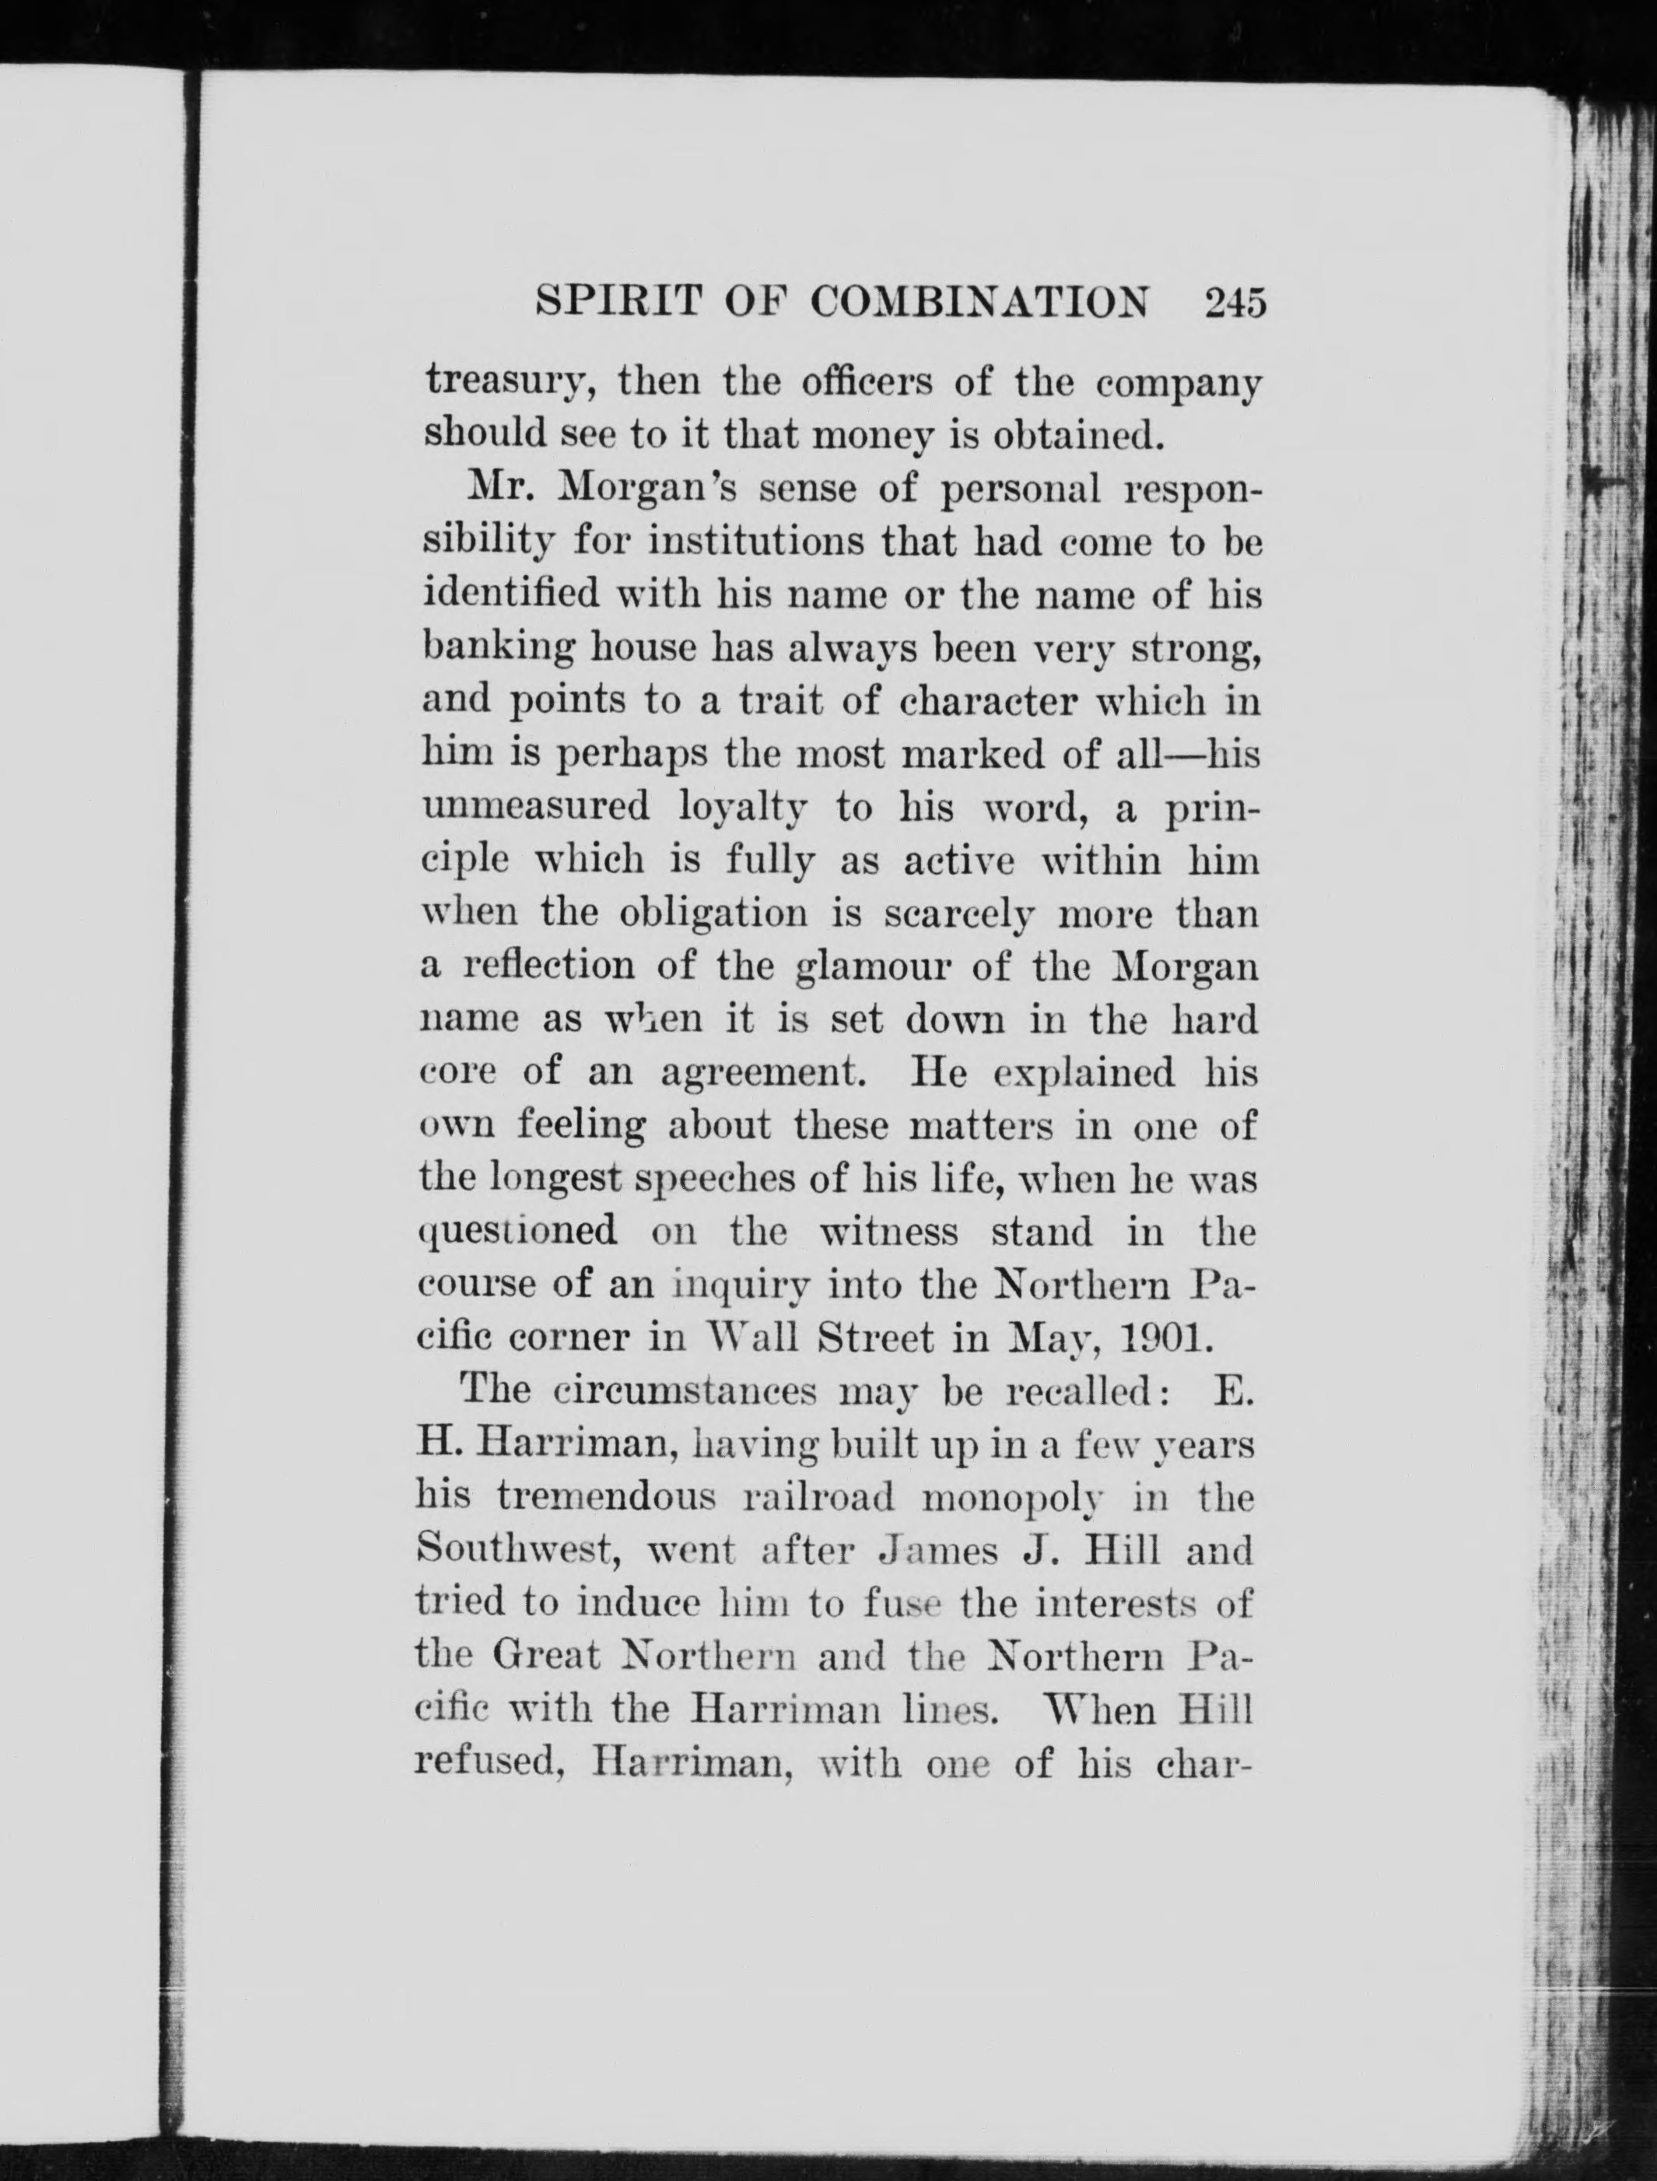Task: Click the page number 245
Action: click(x=1233, y=301)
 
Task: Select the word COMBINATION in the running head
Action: click(x=980, y=301)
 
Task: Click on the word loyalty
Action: click(x=744, y=809)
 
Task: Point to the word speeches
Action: click(x=706, y=1180)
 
